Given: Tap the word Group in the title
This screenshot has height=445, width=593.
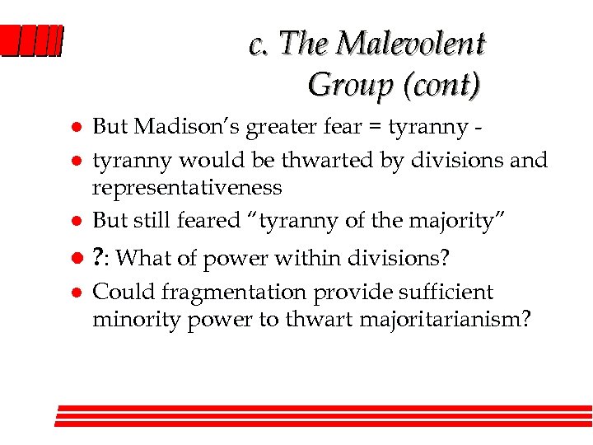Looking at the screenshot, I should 346,84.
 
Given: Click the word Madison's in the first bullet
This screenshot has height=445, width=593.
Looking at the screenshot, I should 172,126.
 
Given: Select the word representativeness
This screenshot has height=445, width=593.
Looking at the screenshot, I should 187,188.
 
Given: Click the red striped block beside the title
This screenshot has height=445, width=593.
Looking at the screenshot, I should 31,41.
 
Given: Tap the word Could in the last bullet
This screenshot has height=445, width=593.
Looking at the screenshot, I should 117,292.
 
